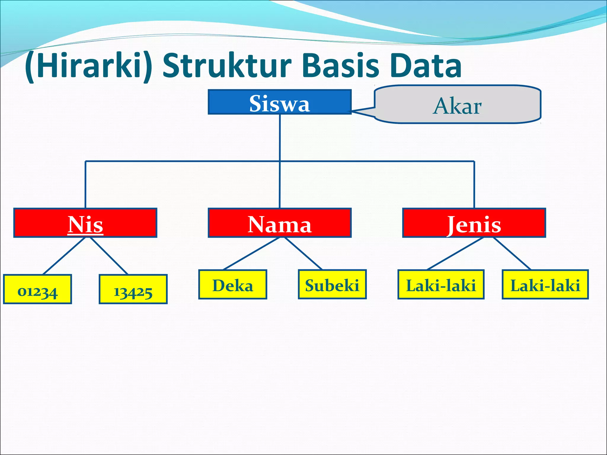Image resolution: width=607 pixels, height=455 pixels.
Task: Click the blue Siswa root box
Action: [279, 102]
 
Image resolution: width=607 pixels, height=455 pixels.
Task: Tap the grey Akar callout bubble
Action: [458, 105]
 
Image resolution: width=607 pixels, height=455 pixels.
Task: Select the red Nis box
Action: [85, 223]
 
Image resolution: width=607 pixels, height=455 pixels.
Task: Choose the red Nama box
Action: [279, 223]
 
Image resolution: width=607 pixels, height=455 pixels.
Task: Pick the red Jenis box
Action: [474, 223]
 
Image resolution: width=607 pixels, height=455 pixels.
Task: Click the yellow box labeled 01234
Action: [37, 289]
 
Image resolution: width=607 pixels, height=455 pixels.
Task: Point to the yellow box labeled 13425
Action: [133, 289]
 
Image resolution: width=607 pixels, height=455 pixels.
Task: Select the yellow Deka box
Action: [233, 285]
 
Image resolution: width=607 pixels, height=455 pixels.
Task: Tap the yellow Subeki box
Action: [332, 285]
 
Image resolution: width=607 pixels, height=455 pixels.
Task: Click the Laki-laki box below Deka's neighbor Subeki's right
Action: [441, 285]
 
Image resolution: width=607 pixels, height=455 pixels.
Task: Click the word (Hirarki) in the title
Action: [88, 66]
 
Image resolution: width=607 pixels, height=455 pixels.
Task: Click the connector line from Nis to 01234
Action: [64, 256]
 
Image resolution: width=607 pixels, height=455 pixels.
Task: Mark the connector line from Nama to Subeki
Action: [303, 254]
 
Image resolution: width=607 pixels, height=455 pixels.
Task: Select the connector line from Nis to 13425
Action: [109, 256]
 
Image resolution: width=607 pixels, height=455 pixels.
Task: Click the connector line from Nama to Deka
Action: [251, 254]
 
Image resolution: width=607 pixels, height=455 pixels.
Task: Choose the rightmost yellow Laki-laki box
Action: [545, 285]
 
